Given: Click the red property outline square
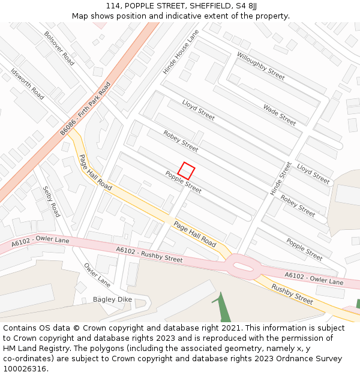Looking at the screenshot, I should [186, 171].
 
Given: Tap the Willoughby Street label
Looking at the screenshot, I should [260, 66].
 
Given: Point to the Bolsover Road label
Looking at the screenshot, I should [59, 49].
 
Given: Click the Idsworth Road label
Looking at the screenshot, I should [28, 84].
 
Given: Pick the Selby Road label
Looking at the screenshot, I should [51, 202].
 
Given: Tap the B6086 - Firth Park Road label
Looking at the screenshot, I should [86, 108].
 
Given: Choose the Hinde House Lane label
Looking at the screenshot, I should [181, 52].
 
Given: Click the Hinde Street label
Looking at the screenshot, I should [280, 178].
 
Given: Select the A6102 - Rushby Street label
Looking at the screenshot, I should [149, 255].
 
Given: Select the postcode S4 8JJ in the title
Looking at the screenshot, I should [245, 6].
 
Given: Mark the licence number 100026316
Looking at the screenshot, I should [26, 369].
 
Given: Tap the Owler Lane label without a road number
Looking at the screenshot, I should [97, 275].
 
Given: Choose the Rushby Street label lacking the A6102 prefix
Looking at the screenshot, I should [292, 294].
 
